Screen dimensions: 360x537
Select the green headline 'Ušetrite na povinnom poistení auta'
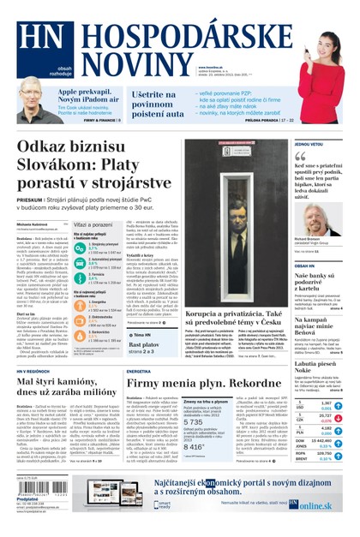click(x=159, y=102)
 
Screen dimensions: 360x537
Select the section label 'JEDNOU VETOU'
click(x=309, y=145)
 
